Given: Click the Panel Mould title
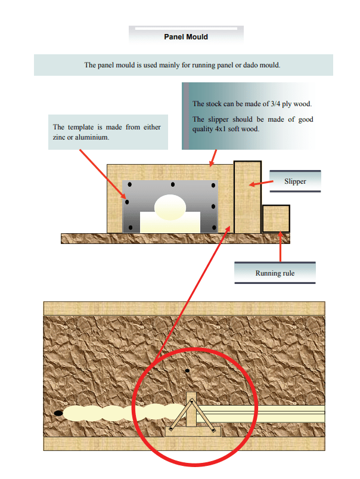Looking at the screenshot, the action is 186,37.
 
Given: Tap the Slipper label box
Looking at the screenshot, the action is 295,181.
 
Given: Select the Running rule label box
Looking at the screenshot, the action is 275,273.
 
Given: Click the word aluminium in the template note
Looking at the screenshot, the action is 92,137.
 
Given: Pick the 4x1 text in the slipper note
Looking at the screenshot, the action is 221,129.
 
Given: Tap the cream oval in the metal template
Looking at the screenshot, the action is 170,208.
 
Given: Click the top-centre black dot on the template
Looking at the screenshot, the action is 173,184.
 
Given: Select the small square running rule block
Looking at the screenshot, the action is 276,219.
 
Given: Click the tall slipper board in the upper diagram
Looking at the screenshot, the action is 247,197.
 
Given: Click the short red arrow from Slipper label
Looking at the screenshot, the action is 261,183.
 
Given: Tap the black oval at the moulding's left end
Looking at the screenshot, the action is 58,413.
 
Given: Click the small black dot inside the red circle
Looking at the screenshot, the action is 187,370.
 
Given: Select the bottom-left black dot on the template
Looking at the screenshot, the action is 131,228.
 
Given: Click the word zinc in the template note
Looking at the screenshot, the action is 59,137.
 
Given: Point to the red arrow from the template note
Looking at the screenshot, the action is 103,174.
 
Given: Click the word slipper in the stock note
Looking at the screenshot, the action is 218,119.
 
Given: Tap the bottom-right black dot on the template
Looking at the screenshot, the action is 214,228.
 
